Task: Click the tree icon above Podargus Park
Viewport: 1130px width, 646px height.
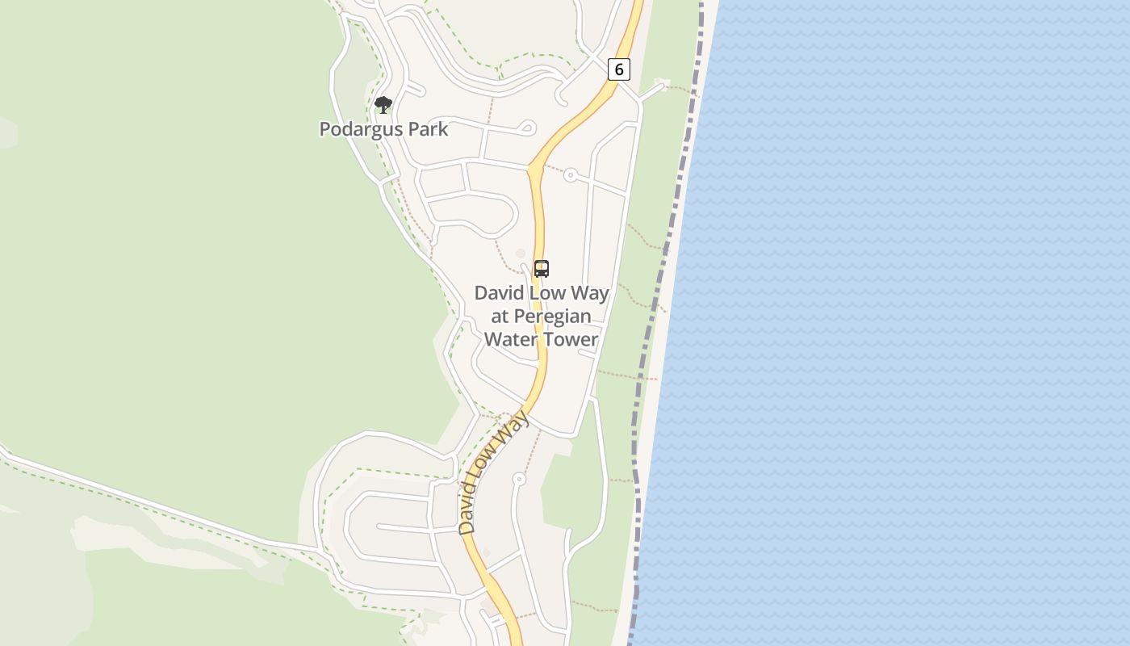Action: coord(383,104)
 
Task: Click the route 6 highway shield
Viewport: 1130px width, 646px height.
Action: coord(619,69)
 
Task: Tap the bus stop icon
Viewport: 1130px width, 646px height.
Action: coord(542,269)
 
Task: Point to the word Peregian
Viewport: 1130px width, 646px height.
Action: coord(552,316)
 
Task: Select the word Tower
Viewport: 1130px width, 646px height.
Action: coord(571,338)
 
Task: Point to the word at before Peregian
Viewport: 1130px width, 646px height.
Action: coord(500,316)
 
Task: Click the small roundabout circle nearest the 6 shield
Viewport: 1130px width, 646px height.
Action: coord(571,174)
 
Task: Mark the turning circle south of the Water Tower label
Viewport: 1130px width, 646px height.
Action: coord(519,480)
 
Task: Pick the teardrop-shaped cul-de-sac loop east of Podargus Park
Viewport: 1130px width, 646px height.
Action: coord(528,127)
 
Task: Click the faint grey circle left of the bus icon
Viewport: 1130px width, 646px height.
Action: coord(521,254)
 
